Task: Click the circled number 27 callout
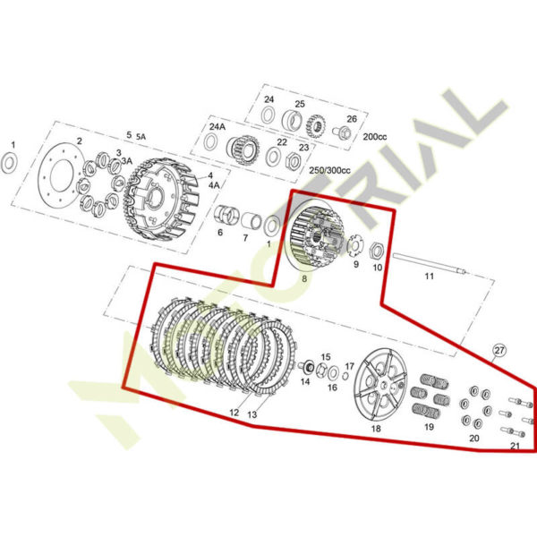pyautogui.click(x=499, y=350)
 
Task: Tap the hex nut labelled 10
pyautogui.click(x=377, y=251)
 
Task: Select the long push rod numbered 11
pyautogui.click(x=430, y=263)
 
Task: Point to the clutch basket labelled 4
pyautogui.click(x=161, y=200)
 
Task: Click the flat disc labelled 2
pyautogui.click(x=61, y=176)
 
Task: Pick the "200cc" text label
pyautogui.click(x=375, y=137)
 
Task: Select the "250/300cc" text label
pyautogui.click(x=329, y=170)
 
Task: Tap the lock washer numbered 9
pyautogui.click(x=355, y=243)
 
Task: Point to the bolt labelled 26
pyautogui.click(x=342, y=132)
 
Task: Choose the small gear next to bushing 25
pyautogui.click(x=315, y=126)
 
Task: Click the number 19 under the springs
pyautogui.click(x=429, y=427)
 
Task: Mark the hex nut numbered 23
pyautogui.click(x=292, y=161)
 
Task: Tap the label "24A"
pyautogui.click(x=217, y=126)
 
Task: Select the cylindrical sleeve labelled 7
pyautogui.click(x=251, y=221)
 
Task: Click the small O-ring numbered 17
pyautogui.click(x=345, y=376)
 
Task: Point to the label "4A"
pyautogui.click(x=214, y=185)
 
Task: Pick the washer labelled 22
pyautogui.click(x=273, y=157)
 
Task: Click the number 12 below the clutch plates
pyautogui.click(x=234, y=413)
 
